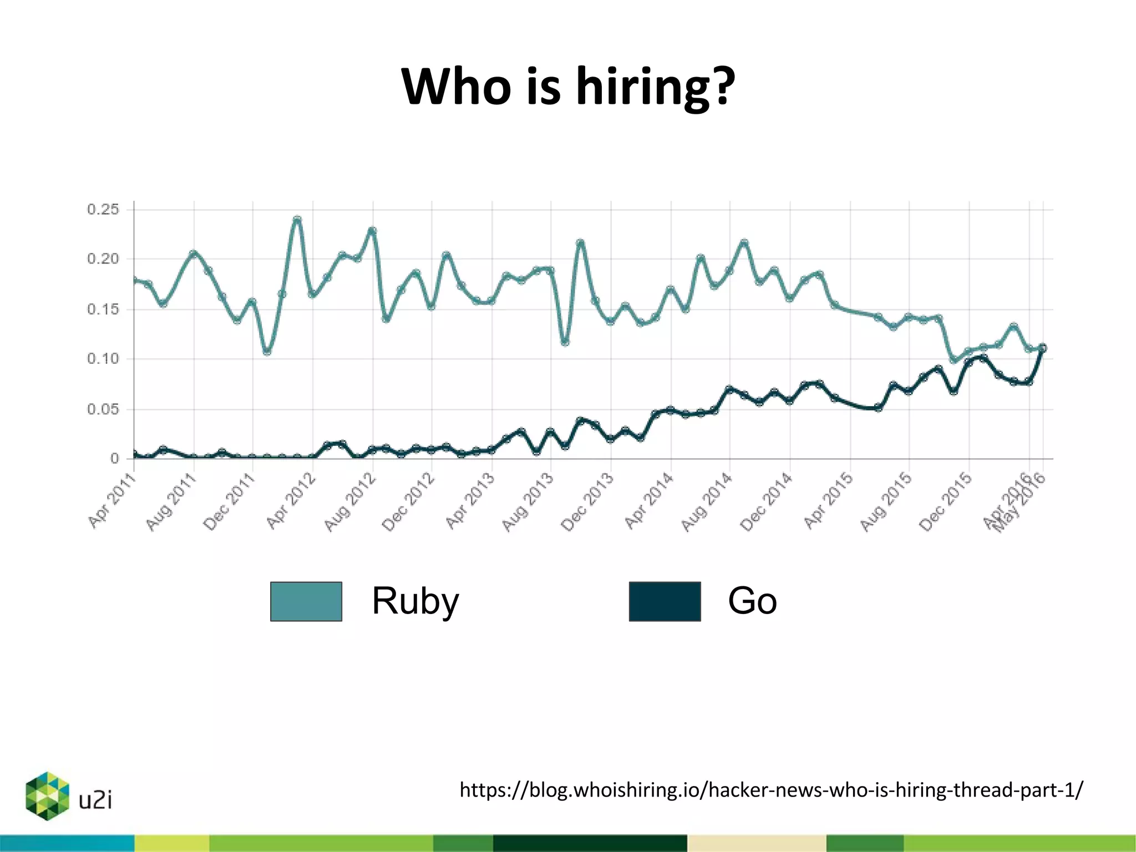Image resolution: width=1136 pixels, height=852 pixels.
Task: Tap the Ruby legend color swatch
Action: pyautogui.click(x=306, y=601)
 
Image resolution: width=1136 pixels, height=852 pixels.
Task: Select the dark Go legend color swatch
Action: pyautogui.click(x=665, y=601)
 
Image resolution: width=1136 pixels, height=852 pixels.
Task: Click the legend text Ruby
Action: pyautogui.click(x=415, y=601)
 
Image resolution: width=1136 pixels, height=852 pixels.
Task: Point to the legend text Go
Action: pyautogui.click(x=752, y=601)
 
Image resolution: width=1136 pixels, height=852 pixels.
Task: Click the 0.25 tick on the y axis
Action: pyautogui.click(x=103, y=210)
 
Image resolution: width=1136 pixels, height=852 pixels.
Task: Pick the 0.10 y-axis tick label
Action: pyautogui.click(x=103, y=359)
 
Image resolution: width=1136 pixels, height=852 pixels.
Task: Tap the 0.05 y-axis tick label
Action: pyautogui.click(x=103, y=409)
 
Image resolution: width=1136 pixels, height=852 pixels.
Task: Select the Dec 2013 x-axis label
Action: pyautogui.click(x=587, y=502)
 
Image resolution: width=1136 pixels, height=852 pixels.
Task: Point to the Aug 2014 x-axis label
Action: pyautogui.click(x=707, y=502)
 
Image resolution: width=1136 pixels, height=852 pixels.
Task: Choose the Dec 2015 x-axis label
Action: pyautogui.click(x=946, y=502)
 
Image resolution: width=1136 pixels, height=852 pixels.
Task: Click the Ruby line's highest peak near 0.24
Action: pyautogui.click(x=297, y=220)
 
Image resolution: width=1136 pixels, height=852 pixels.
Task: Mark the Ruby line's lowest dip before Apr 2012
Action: pyautogui.click(x=267, y=352)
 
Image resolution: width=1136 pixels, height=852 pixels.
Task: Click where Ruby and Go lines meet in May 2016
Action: pyautogui.click(x=1042, y=348)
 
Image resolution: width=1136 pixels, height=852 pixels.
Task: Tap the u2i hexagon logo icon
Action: pyautogui.click(x=47, y=795)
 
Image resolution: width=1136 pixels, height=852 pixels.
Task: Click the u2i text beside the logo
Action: pyautogui.click(x=95, y=800)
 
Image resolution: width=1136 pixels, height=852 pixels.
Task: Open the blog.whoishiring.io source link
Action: pyautogui.click(x=771, y=790)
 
